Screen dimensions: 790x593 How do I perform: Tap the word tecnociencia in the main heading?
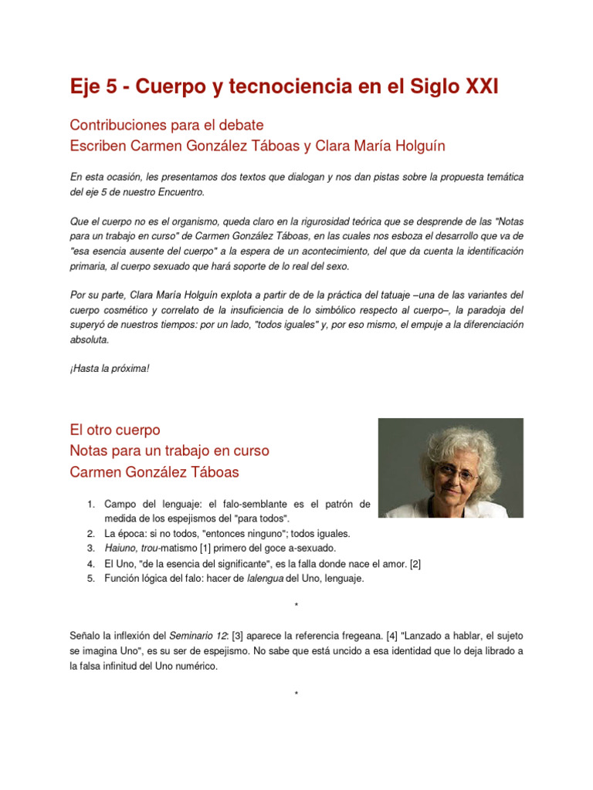coord(266,87)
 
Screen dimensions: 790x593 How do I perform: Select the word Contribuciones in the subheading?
coord(114,124)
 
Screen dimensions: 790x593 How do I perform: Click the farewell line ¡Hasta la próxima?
coord(109,369)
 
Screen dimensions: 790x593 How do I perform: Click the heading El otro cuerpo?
coord(115,430)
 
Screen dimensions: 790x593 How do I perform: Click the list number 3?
coord(90,548)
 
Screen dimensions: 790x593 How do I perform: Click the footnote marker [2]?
coord(415,563)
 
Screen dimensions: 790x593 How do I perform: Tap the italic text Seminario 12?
coord(201,636)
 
